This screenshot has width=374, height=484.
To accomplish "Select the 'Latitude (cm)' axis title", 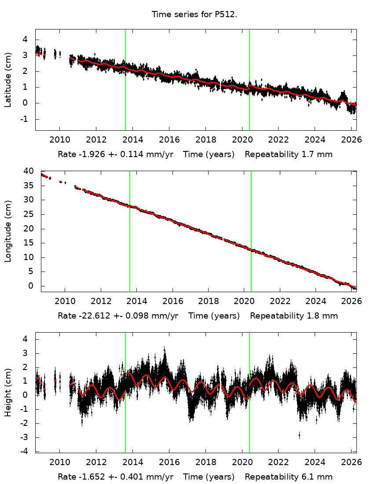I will pyautogui.click(x=8, y=80).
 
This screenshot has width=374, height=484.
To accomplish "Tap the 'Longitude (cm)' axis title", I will pyautogui.click(x=8, y=231).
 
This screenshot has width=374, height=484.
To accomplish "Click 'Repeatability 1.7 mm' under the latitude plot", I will pyautogui.click(x=288, y=154).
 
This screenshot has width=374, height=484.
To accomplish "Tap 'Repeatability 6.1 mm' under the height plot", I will pyautogui.click(x=288, y=477).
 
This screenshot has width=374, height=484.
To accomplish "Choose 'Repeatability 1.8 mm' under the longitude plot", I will pyautogui.click(x=293, y=315).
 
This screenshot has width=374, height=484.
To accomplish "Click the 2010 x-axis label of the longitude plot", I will pyautogui.click(x=65, y=301).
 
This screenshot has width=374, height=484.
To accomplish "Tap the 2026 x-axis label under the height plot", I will pyautogui.click(x=352, y=462).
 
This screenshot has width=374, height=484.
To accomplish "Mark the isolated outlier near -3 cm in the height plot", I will pyautogui.click(x=299, y=435).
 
